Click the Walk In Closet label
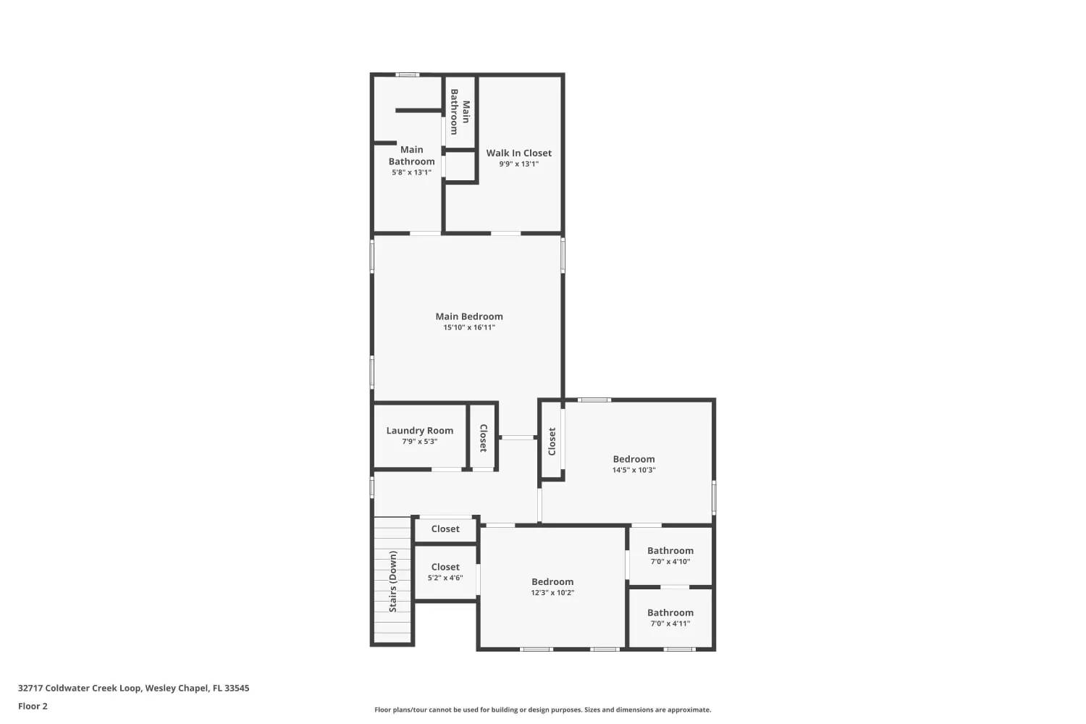[519, 153]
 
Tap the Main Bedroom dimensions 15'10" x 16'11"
[469, 327]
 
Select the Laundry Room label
[420, 431]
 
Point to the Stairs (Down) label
[392, 581]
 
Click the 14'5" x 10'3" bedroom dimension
[633, 470]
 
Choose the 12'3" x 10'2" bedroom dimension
[552, 592]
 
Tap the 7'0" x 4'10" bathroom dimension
[670, 562]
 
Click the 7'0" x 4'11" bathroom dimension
[670, 623]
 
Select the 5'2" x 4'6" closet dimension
[445, 578]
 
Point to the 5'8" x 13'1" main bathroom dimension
[412, 172]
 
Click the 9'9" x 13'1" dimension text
[519, 164]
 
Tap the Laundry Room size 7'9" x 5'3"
[420, 442]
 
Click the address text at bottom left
[134, 688]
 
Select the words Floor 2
[33, 706]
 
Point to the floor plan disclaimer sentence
[542, 710]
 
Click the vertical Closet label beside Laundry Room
[484, 438]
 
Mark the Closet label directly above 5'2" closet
[445, 529]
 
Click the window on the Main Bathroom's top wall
[407, 75]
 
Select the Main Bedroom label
[469, 316]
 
